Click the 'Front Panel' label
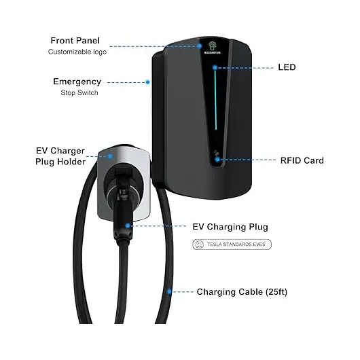pyautogui.click(x=75, y=41)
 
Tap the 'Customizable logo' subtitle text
pyautogui.click(x=77, y=52)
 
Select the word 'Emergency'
pyautogui.click(x=77, y=82)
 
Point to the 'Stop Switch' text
pyautogui.click(x=79, y=92)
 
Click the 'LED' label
pyautogui.click(x=287, y=67)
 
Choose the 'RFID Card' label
pyautogui.click(x=302, y=160)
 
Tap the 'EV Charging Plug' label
pyautogui.click(x=230, y=227)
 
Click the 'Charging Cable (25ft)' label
pyautogui.click(x=242, y=292)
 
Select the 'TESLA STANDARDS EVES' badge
pyautogui.click(x=232, y=245)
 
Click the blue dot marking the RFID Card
pyautogui.click(x=217, y=160)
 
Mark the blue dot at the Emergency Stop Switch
pyautogui.click(x=148, y=82)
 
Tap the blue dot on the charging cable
pyautogui.click(x=169, y=291)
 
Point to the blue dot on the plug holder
pyautogui.click(x=110, y=156)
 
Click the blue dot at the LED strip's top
pyautogui.click(x=215, y=67)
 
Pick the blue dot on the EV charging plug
pyautogui.click(x=128, y=226)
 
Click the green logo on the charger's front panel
pyautogui.click(x=213, y=46)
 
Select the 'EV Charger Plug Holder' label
pyautogui.click(x=60, y=156)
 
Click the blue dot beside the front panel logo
pyautogui.click(x=200, y=46)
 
